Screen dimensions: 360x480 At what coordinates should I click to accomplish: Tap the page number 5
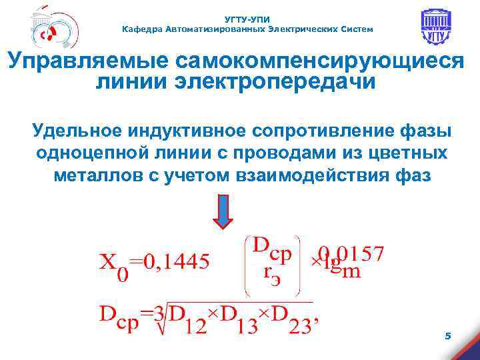[x=448, y=337]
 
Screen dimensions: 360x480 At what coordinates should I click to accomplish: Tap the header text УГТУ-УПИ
[x=248, y=20]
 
